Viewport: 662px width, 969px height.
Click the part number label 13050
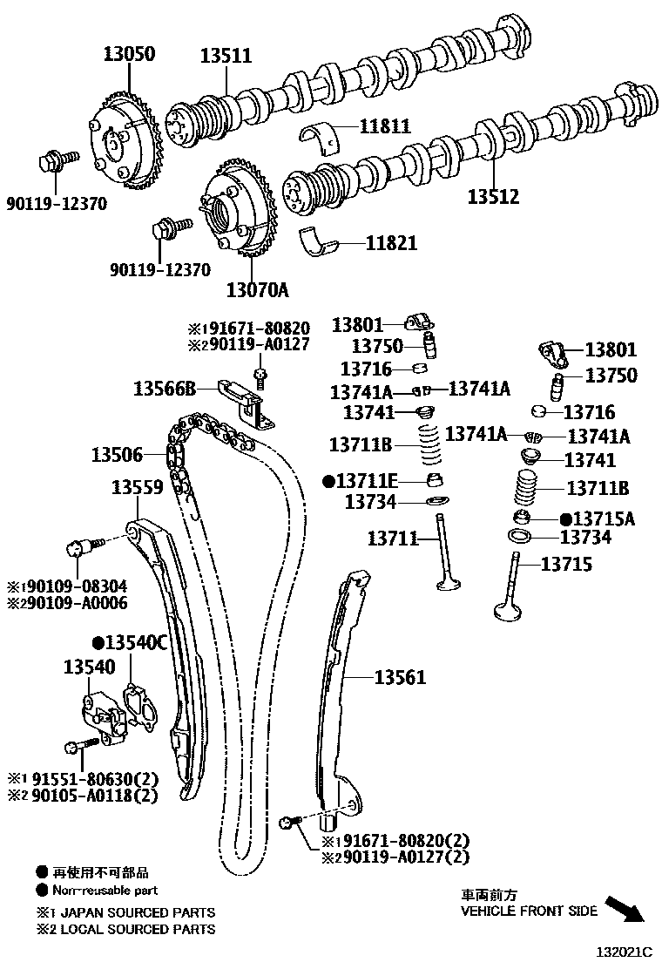pos(125,54)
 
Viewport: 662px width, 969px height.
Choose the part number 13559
pos(137,488)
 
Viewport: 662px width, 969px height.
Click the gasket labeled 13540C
pos(138,706)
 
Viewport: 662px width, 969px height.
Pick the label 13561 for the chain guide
pos(401,676)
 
